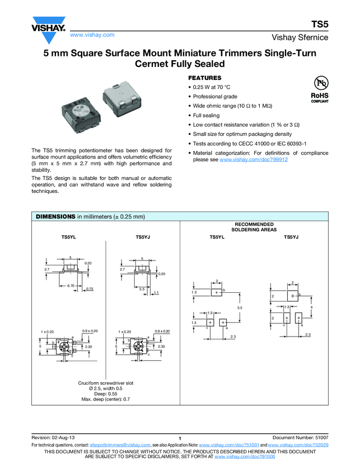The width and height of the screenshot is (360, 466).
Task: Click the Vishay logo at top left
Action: coord(48,31)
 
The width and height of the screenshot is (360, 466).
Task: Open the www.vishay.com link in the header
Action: coord(92,35)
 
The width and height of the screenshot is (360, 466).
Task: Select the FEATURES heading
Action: coord(205,78)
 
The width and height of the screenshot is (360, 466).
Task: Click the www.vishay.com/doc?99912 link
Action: coord(254,159)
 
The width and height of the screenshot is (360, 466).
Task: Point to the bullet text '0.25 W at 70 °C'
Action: coord(215,87)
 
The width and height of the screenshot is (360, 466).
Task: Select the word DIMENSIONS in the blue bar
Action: coord(55,217)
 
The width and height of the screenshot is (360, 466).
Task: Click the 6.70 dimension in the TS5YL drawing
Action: coord(71,286)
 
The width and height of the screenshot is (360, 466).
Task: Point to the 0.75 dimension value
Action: coord(90,288)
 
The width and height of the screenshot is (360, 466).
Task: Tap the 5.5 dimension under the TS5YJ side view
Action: coord(141,288)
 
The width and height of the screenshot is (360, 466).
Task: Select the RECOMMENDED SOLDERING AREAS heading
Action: coord(254,227)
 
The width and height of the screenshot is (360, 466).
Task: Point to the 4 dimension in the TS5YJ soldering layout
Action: coord(311,307)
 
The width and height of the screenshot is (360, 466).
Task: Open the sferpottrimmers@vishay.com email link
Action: coord(120,445)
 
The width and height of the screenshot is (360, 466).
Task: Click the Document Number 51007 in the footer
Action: coord(300,437)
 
